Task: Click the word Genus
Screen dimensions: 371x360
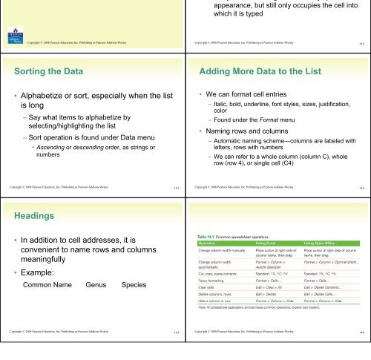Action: [x=97, y=284]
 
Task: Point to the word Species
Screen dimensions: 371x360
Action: [x=134, y=284]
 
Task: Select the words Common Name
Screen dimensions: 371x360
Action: [x=47, y=284]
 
